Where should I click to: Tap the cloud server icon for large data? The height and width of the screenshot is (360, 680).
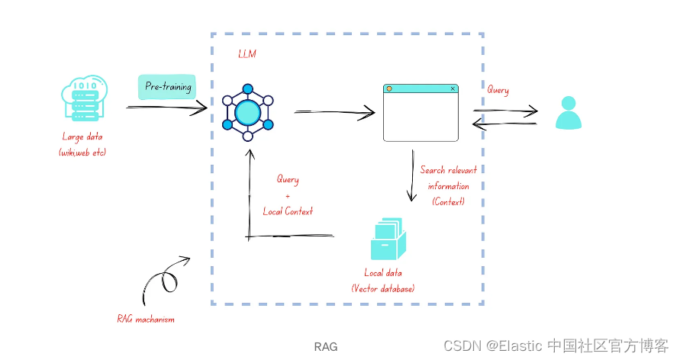84,98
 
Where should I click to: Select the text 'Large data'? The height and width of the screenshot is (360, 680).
82,137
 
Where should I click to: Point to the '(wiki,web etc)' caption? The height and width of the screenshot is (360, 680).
82,153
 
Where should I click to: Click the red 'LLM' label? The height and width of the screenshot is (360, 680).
247,53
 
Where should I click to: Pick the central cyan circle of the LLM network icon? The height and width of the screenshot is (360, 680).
247,113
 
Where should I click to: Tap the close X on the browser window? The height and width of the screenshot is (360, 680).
453,88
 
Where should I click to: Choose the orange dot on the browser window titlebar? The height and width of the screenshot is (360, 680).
389,88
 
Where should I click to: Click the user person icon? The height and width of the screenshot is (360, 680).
568,112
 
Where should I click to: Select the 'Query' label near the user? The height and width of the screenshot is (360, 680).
498,90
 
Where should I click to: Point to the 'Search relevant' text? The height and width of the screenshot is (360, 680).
449,170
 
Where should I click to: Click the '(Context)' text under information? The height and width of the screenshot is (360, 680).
448,201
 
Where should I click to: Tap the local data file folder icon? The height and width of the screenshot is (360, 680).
388,239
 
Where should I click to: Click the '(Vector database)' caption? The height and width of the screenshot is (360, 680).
383,288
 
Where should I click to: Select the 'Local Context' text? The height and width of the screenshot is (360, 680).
288,211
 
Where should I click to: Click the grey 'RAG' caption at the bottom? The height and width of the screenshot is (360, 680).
326,347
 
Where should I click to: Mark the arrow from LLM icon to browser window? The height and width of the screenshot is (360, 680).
334,113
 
